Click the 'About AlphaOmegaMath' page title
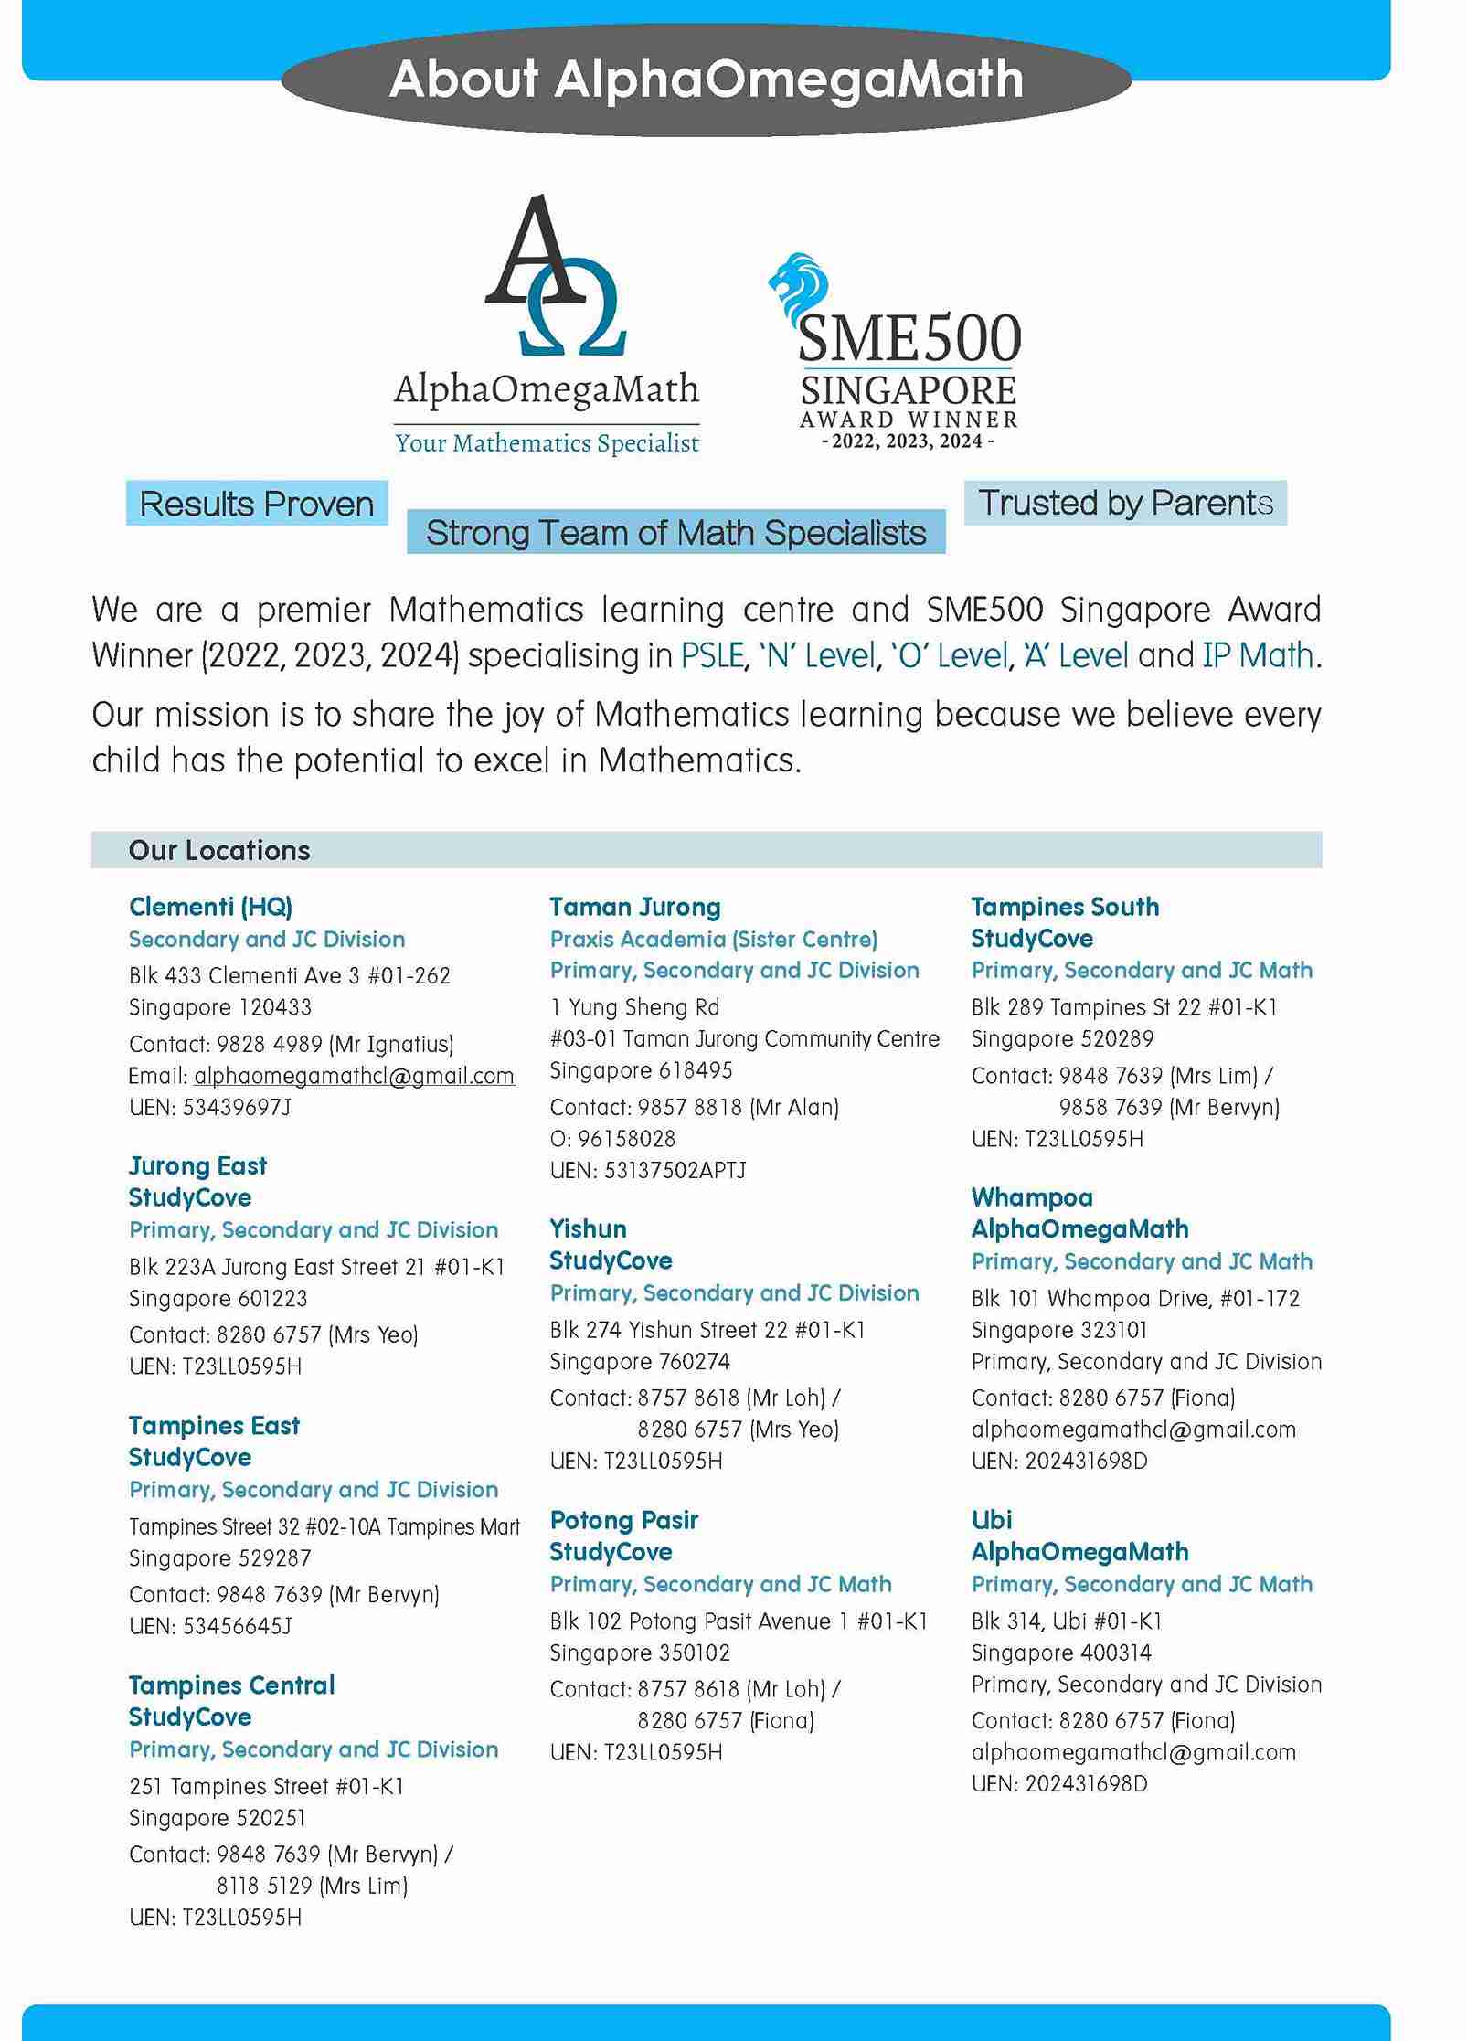706,80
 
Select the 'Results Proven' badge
257,504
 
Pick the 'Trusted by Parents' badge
1125,503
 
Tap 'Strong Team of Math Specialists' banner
675,532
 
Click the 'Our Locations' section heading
219,850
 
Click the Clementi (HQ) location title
210,907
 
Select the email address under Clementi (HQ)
354,1076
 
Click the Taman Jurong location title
634,907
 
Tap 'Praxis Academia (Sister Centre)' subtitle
713,939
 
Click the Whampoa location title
1031,1197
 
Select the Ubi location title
991,1520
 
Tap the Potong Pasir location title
623,1520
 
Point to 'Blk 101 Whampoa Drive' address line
1134,1298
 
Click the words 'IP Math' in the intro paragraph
1257,655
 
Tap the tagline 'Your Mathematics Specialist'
547,443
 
